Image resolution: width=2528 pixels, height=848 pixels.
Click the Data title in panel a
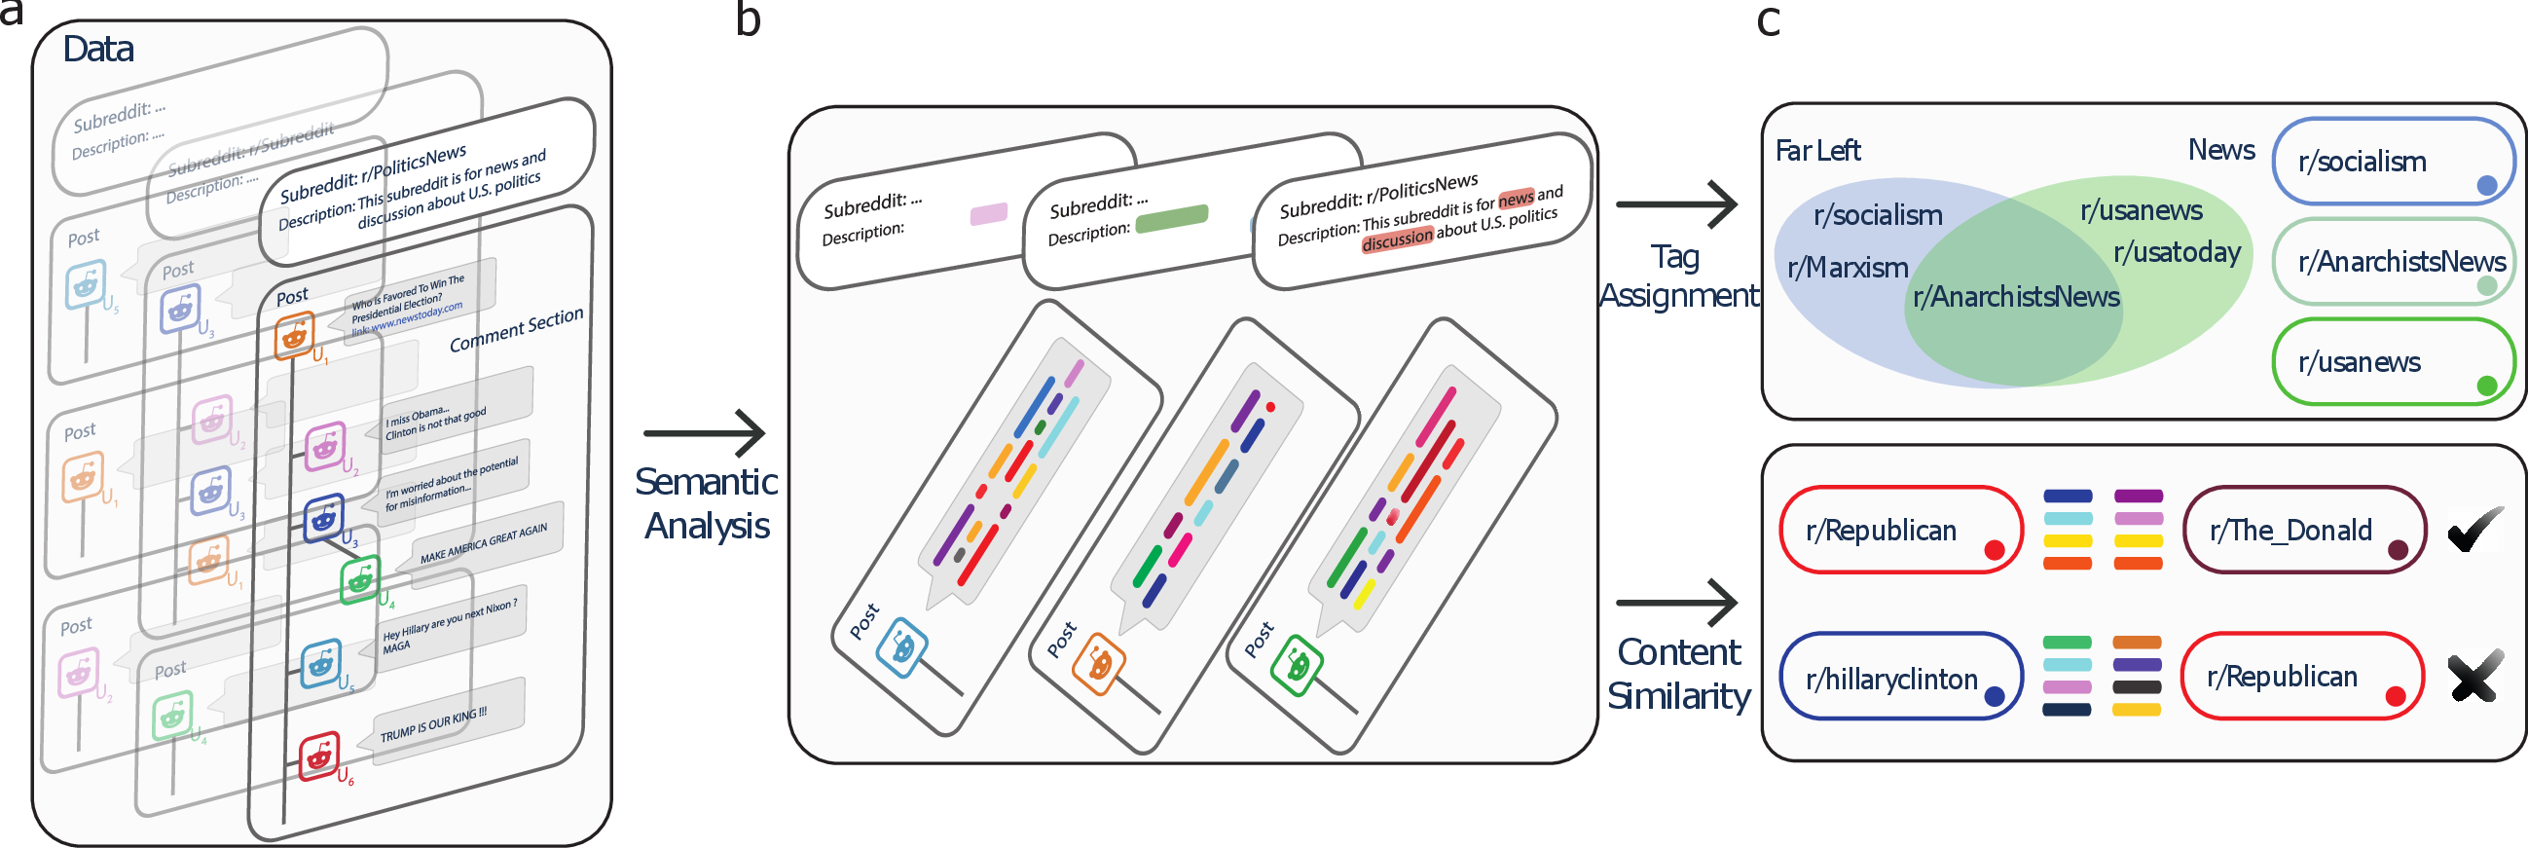click(98, 49)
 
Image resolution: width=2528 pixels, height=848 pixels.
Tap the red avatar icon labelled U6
click(319, 755)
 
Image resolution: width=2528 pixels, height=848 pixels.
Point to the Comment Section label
click(516, 329)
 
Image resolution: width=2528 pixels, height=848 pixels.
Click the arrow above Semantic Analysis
click(705, 433)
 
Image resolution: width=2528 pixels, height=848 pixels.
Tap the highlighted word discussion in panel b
click(1398, 239)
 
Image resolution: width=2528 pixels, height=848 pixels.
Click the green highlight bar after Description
click(1171, 218)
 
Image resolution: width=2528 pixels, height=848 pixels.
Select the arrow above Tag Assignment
click(1676, 204)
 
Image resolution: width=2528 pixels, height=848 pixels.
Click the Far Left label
click(1817, 150)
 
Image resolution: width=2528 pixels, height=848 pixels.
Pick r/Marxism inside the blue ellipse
click(1847, 267)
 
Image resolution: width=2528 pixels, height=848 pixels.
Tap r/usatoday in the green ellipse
click(2177, 252)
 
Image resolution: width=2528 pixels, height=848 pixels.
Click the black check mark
click(2474, 531)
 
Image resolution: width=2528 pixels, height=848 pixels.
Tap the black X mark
click(2474, 678)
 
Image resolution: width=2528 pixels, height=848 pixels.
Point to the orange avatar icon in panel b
click(1099, 665)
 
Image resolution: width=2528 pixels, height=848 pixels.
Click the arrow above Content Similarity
click(1676, 602)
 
